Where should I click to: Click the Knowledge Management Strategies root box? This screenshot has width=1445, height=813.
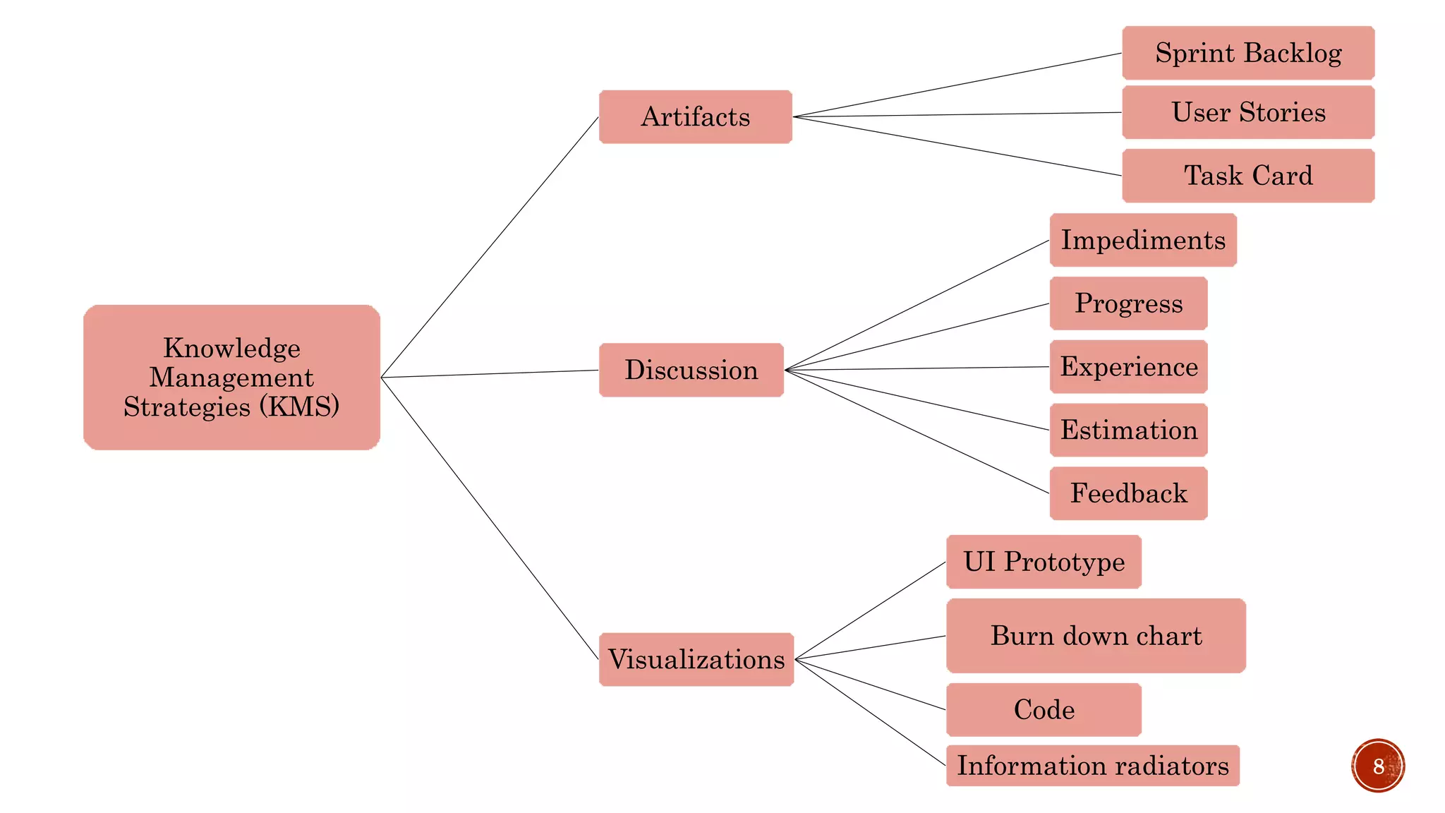point(231,377)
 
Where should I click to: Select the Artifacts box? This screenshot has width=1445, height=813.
point(695,116)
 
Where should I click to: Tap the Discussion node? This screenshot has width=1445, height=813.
point(691,370)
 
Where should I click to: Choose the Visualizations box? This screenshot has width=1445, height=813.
point(696,659)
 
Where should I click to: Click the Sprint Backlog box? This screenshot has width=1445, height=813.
point(1247,53)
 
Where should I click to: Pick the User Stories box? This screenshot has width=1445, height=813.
point(1247,112)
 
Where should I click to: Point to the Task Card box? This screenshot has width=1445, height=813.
point(1247,175)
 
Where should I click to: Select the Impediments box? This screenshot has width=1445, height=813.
point(1142,240)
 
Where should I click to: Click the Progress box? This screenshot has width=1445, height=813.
point(1128,303)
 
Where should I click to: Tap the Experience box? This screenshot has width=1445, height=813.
point(1128,366)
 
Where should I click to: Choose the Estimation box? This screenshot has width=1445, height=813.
point(1128,430)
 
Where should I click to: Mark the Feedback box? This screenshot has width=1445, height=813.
point(1128,493)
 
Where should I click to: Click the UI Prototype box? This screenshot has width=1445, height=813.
point(1044,562)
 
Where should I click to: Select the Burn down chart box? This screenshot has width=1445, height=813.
point(1095,636)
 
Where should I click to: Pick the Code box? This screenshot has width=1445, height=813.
point(1044,709)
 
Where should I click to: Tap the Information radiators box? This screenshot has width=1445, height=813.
point(1092,766)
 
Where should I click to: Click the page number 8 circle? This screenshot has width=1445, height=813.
point(1378,766)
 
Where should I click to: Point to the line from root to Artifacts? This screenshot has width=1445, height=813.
point(490,247)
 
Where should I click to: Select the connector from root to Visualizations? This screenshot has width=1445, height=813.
point(490,519)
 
